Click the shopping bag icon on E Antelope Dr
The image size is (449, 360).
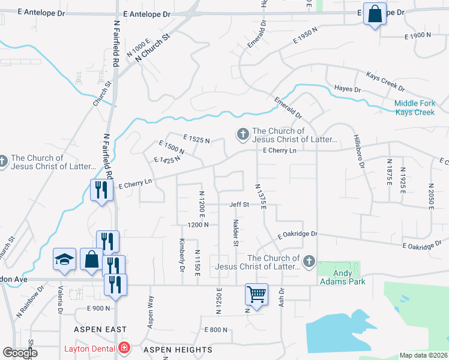tap(375, 14)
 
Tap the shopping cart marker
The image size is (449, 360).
tap(256, 295)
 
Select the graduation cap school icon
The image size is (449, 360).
tap(64, 259)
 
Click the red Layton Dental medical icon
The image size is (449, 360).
tap(124, 348)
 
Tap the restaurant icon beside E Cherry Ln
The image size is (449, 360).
tap(100, 190)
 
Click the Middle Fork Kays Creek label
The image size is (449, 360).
tap(414, 108)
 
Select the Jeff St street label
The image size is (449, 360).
tap(239, 205)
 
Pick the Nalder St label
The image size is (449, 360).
tap(235, 232)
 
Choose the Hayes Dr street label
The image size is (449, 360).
tap(348, 89)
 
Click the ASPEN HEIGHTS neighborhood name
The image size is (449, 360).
tap(177, 349)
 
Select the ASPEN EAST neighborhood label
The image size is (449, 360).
tap(100, 329)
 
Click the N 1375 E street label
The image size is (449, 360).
tap(261, 196)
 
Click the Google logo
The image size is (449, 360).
tap(20, 352)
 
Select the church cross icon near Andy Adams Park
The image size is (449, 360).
tap(309, 260)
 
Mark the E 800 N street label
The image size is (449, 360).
tap(216, 330)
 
